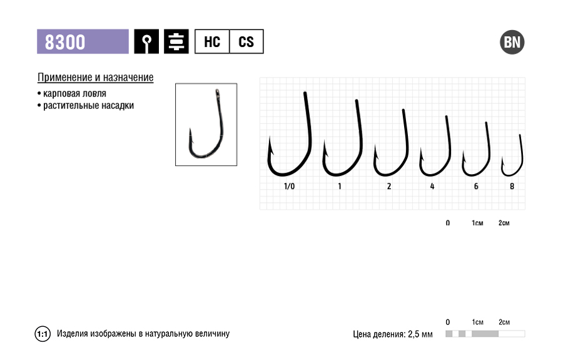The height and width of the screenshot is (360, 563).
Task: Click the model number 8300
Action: [65, 42]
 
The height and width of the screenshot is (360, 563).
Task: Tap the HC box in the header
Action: [212, 42]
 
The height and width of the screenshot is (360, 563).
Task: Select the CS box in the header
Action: [246, 42]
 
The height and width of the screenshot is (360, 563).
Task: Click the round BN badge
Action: [512, 42]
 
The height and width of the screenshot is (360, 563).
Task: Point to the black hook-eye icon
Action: [146, 42]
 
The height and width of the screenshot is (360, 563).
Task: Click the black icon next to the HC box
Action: [176, 42]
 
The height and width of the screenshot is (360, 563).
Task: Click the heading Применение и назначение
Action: [96, 77]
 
